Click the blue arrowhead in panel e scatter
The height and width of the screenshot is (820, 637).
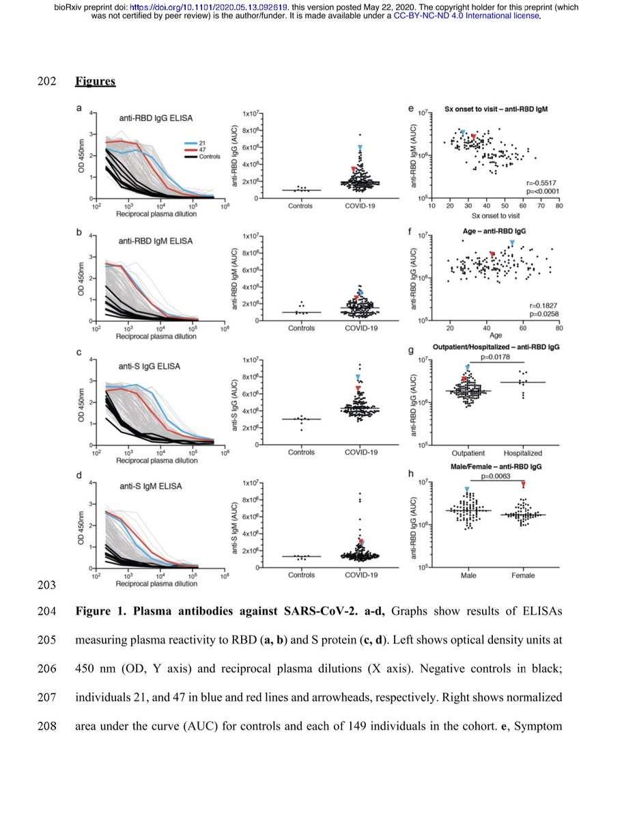tap(463, 132)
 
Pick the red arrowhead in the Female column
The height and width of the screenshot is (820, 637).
tap(523, 484)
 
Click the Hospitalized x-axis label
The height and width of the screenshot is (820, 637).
tap(522, 453)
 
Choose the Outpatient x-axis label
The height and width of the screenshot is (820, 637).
tap(468, 453)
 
